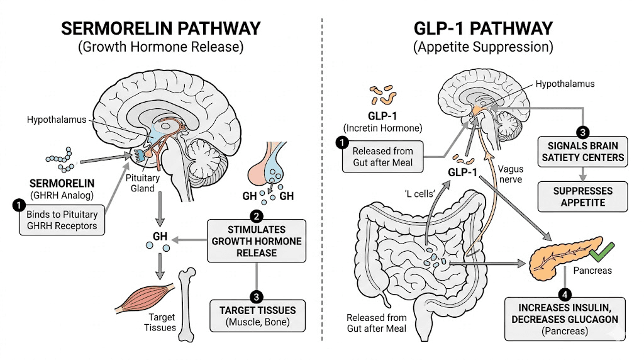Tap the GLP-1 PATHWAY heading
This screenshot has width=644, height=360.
(482, 28)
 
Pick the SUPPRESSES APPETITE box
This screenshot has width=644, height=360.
(582, 197)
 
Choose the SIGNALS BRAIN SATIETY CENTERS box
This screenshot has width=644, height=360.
(582, 152)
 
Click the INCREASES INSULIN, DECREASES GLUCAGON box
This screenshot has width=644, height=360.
(568, 319)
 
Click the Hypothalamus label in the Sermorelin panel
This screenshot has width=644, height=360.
(55, 119)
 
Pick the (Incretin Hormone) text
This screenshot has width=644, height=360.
(389, 127)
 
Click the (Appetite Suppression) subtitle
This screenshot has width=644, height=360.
(482, 47)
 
